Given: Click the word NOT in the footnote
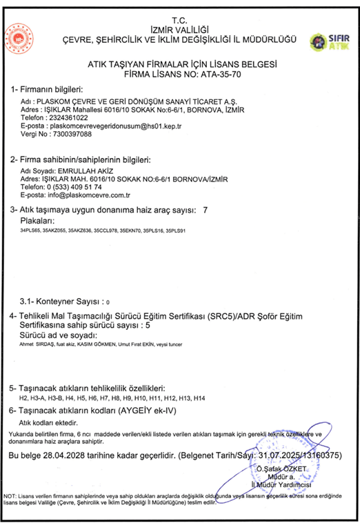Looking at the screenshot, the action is pyautogui.click(x=11, y=496).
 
